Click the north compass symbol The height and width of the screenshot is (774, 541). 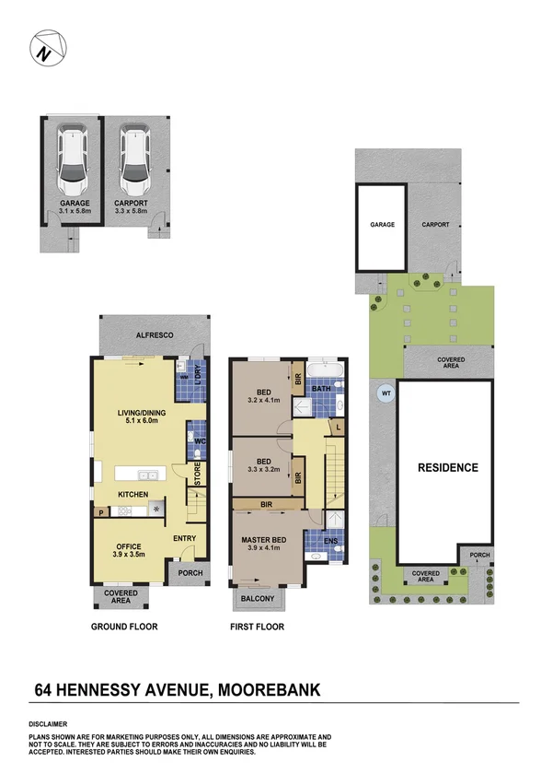[x=48, y=48]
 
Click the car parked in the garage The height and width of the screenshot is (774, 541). [x=72, y=159]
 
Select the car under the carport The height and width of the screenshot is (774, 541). [x=134, y=159]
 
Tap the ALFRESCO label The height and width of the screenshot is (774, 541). [x=155, y=335]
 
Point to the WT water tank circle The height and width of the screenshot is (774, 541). [x=386, y=393]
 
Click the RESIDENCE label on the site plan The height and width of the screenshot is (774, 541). [x=448, y=467]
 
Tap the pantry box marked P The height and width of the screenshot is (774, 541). [x=101, y=512]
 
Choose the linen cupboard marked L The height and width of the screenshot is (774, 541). [x=338, y=427]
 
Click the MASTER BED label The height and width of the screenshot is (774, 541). [x=264, y=540]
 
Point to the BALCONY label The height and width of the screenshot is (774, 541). [x=258, y=598]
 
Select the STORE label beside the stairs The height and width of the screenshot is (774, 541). [x=198, y=475]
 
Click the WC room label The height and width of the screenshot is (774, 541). [x=200, y=440]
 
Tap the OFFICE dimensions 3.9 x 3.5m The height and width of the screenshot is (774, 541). [x=129, y=555]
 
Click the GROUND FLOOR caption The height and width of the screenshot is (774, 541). [x=124, y=627]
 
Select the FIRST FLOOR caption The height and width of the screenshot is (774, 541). [x=258, y=627]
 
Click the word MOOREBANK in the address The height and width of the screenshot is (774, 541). [x=269, y=689]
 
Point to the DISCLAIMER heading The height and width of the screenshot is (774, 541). [x=48, y=724]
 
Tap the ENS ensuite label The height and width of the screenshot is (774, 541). [x=330, y=541]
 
